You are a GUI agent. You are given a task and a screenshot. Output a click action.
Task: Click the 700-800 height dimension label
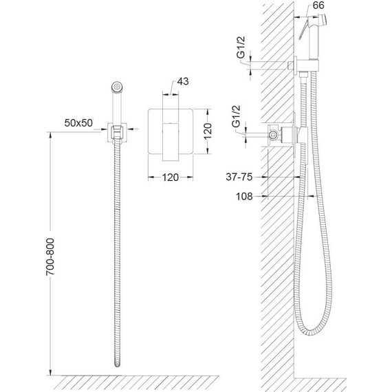pyautogui.click(x=50, y=257)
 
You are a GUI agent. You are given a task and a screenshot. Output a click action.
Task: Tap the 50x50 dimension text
pyautogui.click(x=78, y=122)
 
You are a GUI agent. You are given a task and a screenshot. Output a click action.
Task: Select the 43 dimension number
pyautogui.click(x=183, y=82)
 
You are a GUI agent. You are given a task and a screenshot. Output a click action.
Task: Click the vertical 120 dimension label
pyautogui.click(x=208, y=131)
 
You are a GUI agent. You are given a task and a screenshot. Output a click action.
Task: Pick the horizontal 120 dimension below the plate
pyautogui.click(x=171, y=177)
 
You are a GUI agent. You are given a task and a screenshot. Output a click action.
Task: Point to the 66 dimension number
pyautogui.click(x=318, y=6)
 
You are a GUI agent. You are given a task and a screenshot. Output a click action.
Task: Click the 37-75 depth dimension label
pyautogui.click(x=239, y=177)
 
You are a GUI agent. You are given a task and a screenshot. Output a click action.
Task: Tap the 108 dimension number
pyautogui.click(x=244, y=197)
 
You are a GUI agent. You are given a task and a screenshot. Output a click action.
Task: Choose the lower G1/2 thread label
pyautogui.click(x=237, y=116)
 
